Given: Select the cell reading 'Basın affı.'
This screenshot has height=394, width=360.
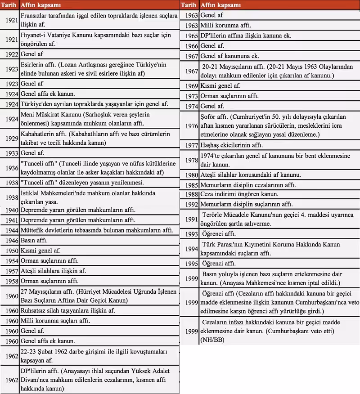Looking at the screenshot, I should [34, 241].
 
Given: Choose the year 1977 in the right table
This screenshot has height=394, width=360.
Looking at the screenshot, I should [191, 145].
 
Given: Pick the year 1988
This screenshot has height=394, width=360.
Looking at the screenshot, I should [191, 194].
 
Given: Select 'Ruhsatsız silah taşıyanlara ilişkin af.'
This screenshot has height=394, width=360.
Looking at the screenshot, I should [67, 310].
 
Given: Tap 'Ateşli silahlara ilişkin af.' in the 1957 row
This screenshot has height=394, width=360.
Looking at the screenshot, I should [53, 271].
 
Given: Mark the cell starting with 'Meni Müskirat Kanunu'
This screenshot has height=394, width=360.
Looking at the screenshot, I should [85, 119].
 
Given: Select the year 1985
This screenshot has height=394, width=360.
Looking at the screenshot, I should [191, 184].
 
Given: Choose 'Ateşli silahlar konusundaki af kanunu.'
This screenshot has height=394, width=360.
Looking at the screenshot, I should [251, 175].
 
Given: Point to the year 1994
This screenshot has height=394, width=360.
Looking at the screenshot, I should [191, 249].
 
